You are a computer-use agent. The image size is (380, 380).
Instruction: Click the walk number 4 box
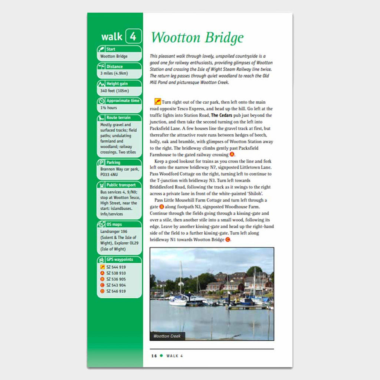[x=133, y=36]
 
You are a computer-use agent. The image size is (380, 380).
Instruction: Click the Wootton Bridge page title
[x=197, y=37]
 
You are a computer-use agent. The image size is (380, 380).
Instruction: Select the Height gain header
[x=118, y=84]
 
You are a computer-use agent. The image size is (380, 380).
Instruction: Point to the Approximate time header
[x=122, y=101]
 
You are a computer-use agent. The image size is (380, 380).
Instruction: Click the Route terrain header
[x=118, y=118]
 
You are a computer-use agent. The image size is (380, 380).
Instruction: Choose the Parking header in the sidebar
[x=113, y=163]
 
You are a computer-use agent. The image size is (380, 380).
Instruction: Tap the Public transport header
[x=121, y=185]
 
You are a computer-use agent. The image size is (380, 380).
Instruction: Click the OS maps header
[x=114, y=225]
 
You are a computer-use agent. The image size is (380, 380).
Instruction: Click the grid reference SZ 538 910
[x=116, y=273]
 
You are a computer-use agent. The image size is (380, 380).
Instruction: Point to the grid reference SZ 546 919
[x=116, y=291]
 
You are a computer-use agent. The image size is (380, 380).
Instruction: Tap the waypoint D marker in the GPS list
[x=102, y=291]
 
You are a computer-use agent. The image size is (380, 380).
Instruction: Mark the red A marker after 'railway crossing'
[x=232, y=154]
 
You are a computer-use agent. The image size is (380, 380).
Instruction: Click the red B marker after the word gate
[x=161, y=207]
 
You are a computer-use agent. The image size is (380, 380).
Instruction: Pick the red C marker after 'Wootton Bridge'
[x=228, y=240]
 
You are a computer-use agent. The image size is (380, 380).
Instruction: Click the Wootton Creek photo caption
[x=167, y=336]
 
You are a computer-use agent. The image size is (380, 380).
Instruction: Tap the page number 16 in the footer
[x=154, y=356]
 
